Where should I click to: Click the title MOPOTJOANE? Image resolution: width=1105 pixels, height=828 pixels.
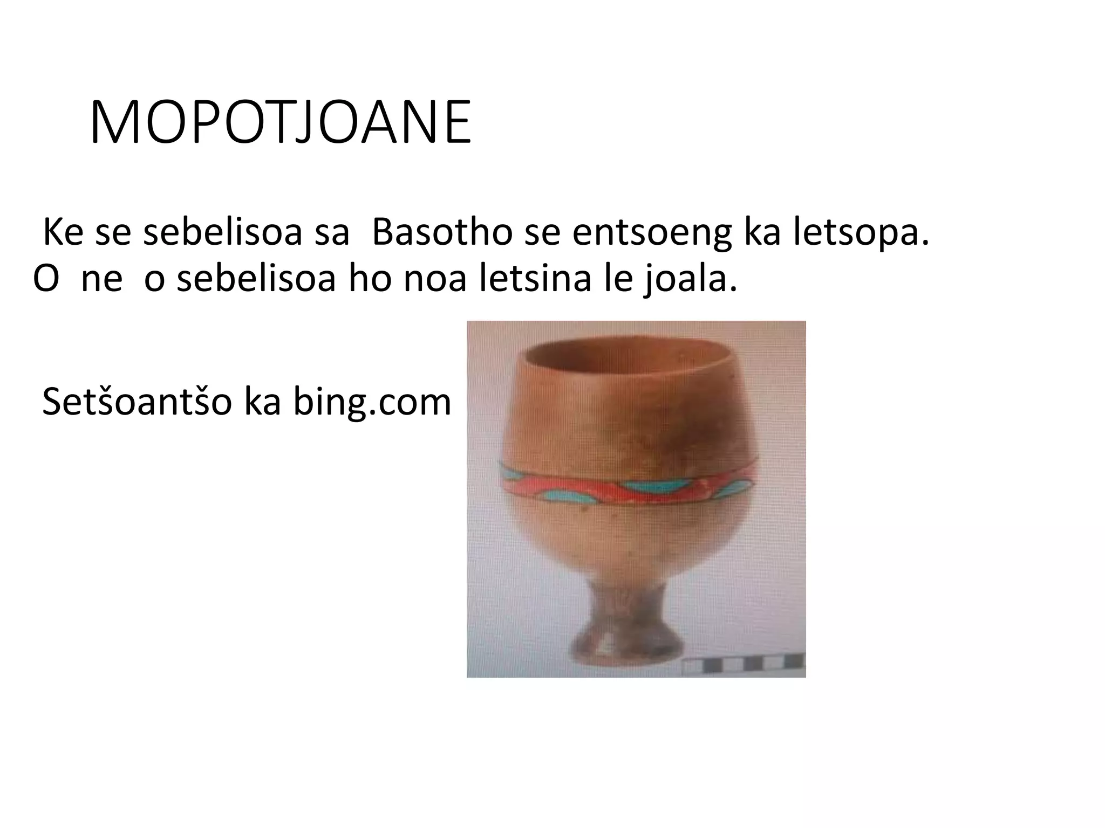280,123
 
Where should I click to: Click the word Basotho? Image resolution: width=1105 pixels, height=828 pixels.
442,233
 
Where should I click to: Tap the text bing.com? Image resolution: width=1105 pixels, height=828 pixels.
372,402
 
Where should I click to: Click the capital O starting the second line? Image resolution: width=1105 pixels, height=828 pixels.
46,279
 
